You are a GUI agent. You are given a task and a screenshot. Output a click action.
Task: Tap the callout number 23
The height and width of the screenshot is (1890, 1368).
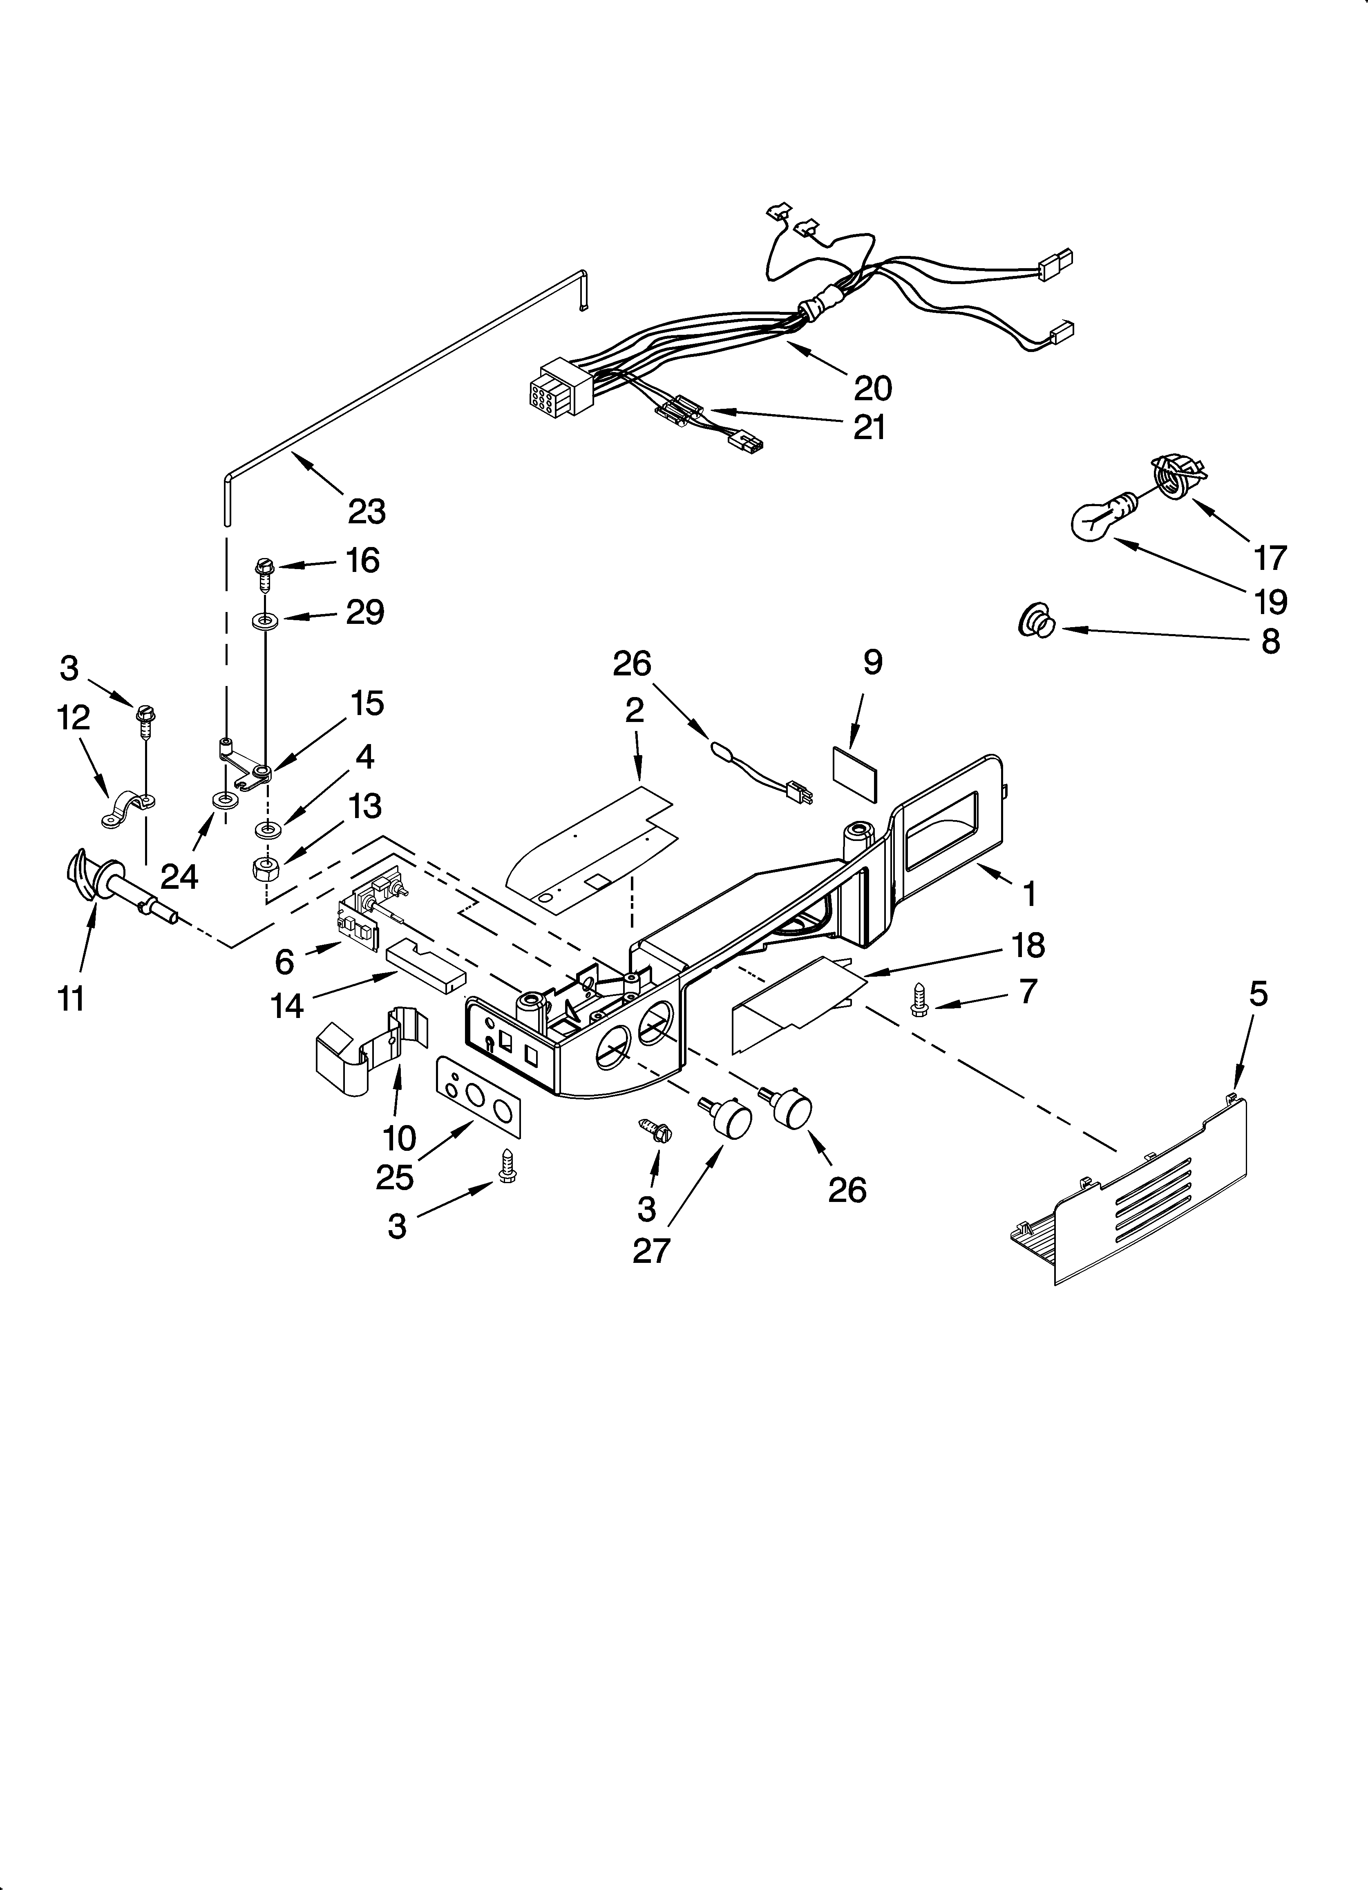367,511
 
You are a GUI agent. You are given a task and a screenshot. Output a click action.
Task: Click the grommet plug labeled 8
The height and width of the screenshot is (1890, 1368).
1035,622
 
